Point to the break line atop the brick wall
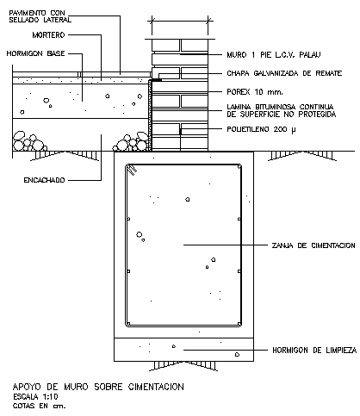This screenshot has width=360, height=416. (x=179, y=18)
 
